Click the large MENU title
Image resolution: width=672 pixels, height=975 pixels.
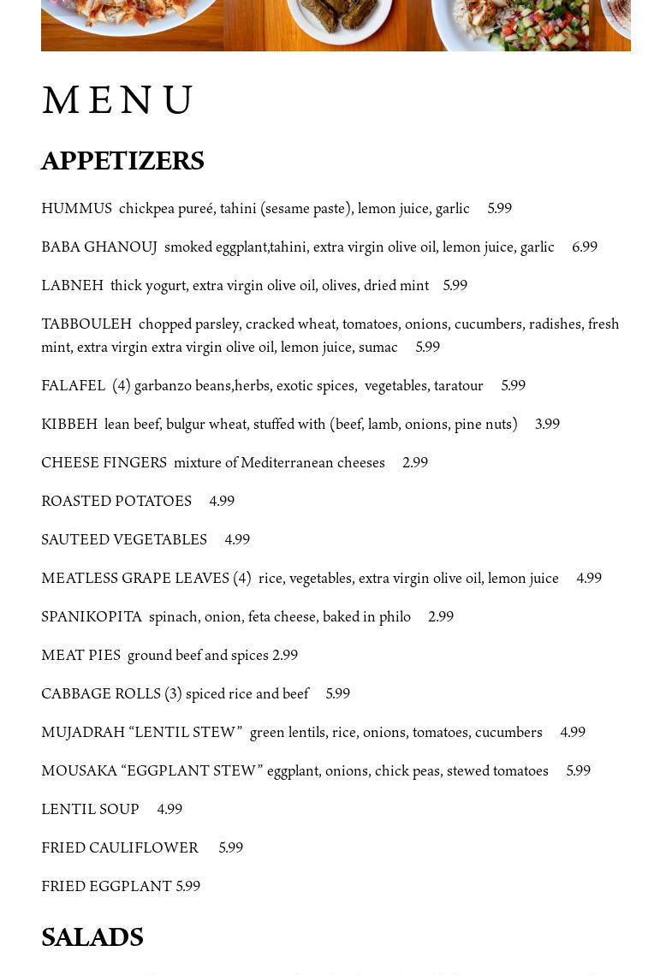pos(118,100)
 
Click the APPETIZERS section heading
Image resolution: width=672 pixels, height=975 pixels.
pos(122,161)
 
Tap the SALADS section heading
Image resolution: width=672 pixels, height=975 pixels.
pos(92,937)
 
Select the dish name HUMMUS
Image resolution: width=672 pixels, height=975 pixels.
pos(76,209)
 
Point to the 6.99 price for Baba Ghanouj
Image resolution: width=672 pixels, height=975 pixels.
pos(585,247)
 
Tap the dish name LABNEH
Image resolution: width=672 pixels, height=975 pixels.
pos(72,286)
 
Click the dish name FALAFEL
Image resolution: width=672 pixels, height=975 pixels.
pos(73,386)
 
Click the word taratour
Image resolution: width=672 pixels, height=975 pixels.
pos(459,386)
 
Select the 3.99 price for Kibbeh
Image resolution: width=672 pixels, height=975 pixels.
pos(547,425)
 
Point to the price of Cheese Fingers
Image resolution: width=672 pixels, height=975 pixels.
pos(415,463)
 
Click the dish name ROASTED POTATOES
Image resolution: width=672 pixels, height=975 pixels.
pos(116,502)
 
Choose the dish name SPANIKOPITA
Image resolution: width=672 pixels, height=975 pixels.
pos(92,617)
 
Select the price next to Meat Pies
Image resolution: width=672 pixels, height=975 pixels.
pos(285,656)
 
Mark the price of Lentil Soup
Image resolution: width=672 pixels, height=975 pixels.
pos(169,810)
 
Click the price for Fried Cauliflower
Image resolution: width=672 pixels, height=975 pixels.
pos(231,848)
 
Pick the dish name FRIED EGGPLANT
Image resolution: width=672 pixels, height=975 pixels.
pos(106,887)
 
